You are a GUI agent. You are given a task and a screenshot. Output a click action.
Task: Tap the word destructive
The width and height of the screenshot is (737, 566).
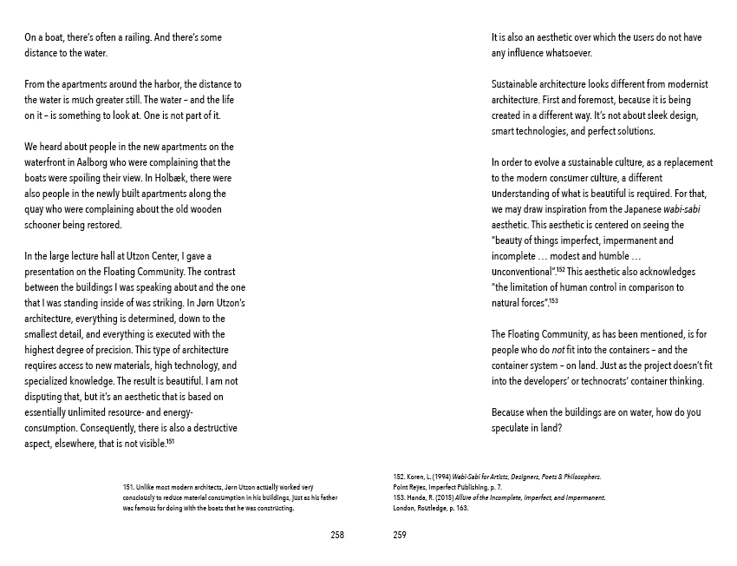tap(212, 428)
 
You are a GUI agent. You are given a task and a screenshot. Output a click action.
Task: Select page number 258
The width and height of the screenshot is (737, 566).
tap(337, 536)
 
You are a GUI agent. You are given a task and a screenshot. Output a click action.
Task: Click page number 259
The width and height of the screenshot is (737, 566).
tap(400, 536)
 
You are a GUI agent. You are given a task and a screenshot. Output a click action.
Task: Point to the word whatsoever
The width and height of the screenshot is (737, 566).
tap(569, 53)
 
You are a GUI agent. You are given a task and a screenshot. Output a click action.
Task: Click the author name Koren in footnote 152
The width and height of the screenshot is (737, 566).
tap(420, 477)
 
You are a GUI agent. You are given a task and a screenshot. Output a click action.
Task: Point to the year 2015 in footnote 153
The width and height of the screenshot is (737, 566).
tap(455, 498)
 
